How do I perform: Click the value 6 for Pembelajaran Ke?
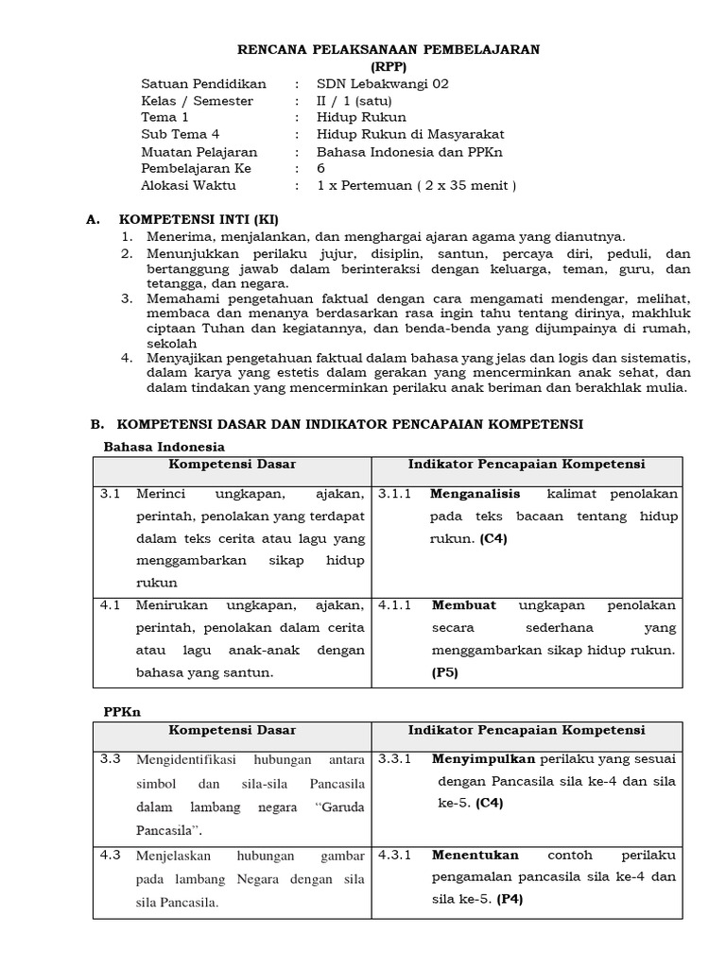tap(321, 169)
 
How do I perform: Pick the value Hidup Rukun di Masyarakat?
tap(398, 135)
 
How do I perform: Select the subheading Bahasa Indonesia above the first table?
tap(164, 446)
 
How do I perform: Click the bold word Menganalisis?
tap(477, 494)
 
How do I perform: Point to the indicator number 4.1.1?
tap(395, 605)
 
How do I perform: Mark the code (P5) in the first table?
tap(445, 672)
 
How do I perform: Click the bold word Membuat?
tap(464, 605)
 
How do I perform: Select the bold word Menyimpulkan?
tap(483, 758)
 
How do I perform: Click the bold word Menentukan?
tap(475, 856)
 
